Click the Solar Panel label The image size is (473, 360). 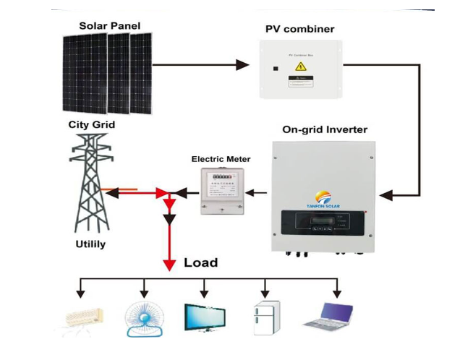click(109, 26)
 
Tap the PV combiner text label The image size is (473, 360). click(299, 30)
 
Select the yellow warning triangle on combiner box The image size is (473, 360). click(299, 67)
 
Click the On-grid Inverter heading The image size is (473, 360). click(324, 130)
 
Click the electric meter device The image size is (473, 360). click(221, 190)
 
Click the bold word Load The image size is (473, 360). click(201, 262)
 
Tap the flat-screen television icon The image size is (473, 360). click(204, 317)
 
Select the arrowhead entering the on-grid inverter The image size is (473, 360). click(386, 194)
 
